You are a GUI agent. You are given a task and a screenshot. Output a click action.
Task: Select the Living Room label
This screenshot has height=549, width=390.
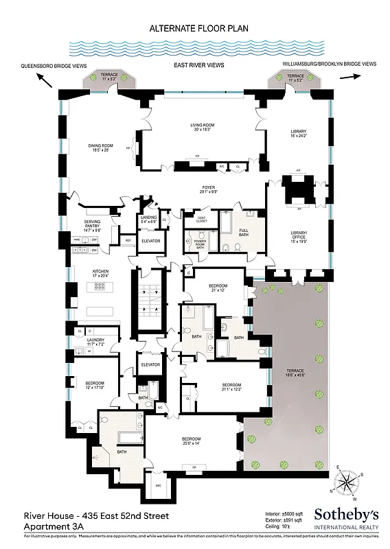203,127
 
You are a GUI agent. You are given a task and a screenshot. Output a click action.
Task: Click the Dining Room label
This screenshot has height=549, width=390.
100,148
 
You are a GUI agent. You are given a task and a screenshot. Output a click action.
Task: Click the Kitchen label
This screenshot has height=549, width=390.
101,274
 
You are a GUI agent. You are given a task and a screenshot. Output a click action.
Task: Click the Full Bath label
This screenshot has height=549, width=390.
244,232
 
